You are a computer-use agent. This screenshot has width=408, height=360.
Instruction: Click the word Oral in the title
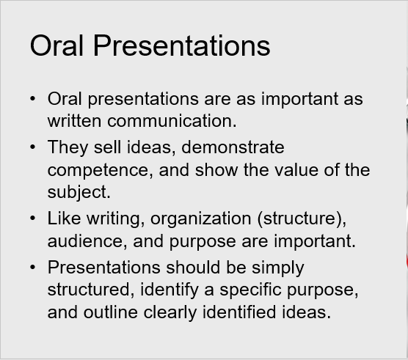coord(57,45)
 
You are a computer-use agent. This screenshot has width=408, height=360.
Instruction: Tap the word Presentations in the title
coord(182,45)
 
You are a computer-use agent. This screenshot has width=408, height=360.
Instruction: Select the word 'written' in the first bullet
coord(74,121)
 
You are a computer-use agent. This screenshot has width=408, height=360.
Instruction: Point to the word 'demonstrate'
coord(233,147)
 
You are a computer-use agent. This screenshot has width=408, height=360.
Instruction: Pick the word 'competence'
coord(98,170)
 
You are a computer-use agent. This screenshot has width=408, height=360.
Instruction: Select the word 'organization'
coord(200,218)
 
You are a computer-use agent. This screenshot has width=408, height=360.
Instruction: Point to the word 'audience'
coord(85,241)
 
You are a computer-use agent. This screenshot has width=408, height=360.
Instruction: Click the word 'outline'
coord(110,312)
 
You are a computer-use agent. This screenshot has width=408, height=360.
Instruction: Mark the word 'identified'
coord(239,312)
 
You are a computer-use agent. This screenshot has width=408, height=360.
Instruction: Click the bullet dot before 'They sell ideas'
coord(32,147)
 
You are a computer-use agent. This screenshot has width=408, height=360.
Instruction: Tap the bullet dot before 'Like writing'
coord(32,218)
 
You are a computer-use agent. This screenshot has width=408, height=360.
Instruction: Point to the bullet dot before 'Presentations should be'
coord(32,268)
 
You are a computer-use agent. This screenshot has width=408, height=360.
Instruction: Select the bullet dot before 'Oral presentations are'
coord(32,98)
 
